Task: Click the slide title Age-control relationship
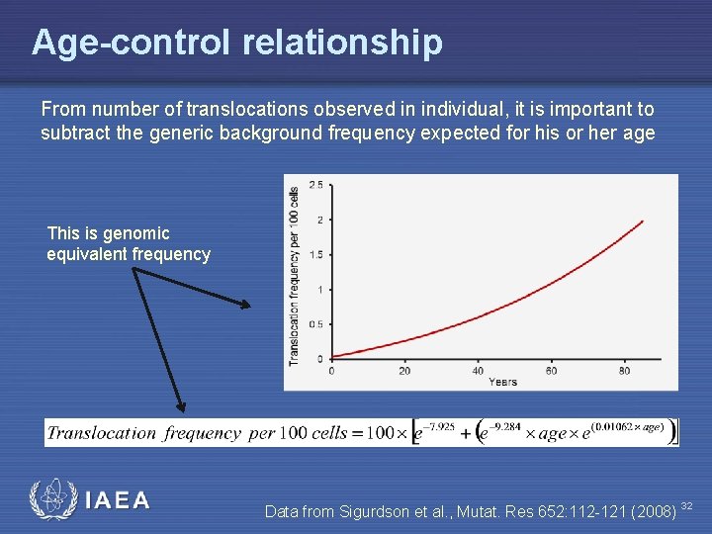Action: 236,43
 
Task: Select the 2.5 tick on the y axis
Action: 315,185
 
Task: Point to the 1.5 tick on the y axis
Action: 315,254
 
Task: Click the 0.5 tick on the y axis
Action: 315,324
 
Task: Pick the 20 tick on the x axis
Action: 404,371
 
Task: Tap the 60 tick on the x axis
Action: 551,371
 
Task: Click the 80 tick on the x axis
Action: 624,371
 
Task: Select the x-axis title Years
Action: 501,382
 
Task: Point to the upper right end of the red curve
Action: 643,222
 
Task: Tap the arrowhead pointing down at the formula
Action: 181,405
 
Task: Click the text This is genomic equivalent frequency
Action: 128,244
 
